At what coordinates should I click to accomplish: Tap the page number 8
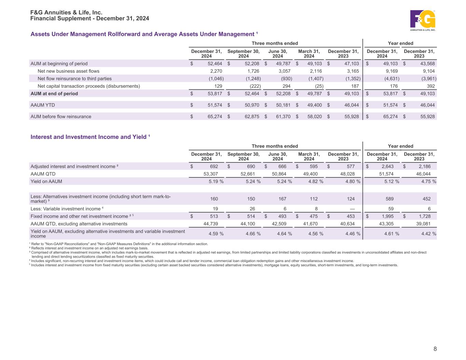435,349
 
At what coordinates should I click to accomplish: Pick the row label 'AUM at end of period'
54,93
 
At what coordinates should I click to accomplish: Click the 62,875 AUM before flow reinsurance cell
252,116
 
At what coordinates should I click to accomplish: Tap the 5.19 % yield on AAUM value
216,182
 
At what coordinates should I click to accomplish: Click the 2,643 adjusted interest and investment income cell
391,167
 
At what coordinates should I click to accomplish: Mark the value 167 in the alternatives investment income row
282,199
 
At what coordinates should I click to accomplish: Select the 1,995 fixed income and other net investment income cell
391,216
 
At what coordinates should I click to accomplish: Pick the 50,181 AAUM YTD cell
283,105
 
